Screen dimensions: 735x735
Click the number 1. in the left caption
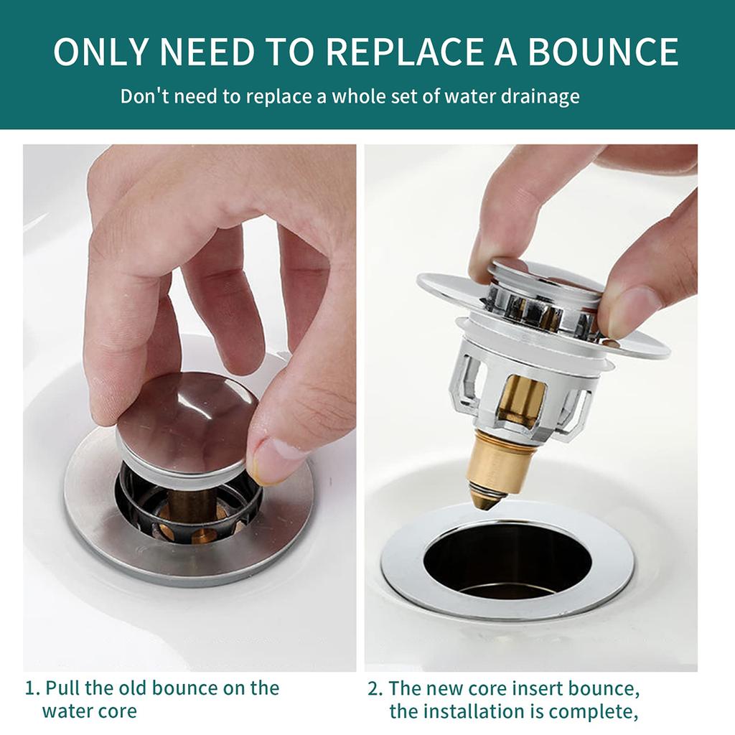[x=33, y=688]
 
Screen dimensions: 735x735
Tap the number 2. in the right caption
[x=375, y=688]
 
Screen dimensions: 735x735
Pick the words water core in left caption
[x=89, y=711]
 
